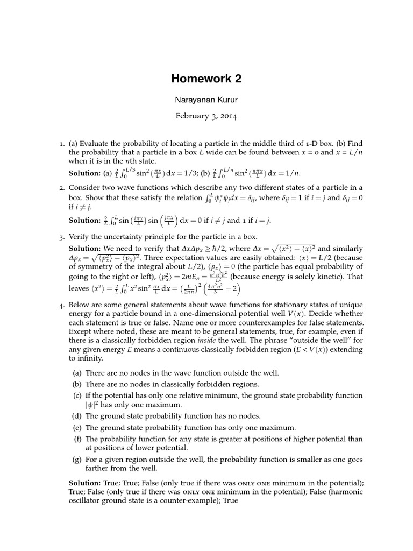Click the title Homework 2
point(206,79)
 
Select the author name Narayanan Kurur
point(206,101)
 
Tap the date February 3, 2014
point(206,116)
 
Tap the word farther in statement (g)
point(98,469)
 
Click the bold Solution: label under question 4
point(85,483)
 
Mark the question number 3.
point(62,237)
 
